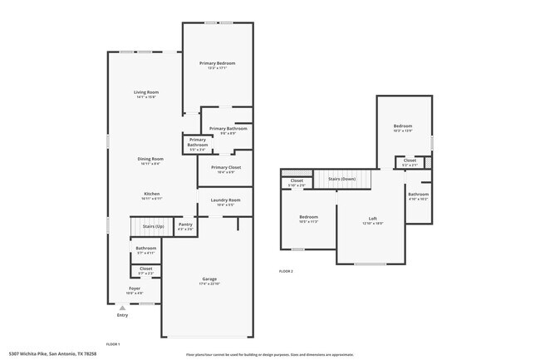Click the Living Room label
tap(147, 91)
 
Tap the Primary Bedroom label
tap(217, 63)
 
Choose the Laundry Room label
tap(225, 200)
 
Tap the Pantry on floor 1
tap(185, 224)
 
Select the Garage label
tap(209, 279)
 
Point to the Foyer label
tap(134, 288)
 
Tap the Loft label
tap(372, 219)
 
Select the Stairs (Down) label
tap(341, 179)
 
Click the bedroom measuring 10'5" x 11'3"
tap(308, 219)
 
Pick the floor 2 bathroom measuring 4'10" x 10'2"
tap(418, 196)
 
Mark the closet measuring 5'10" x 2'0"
tap(297, 182)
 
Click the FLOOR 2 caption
tap(286, 272)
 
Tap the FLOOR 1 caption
tap(113, 343)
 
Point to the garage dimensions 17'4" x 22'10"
tap(209, 284)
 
